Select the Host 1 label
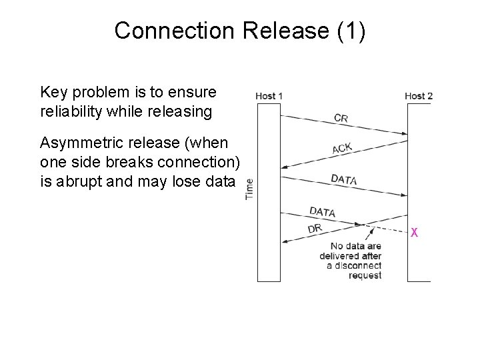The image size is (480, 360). pyautogui.click(x=269, y=96)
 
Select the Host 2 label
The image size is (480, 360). pyautogui.click(x=419, y=96)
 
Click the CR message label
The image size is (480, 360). pyautogui.click(x=341, y=118)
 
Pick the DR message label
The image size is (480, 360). pyautogui.click(x=315, y=228)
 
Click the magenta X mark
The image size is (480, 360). pyautogui.click(x=415, y=233)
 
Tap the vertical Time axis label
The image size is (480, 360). pyautogui.click(x=250, y=188)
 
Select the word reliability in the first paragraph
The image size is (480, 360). pyautogui.click(x=68, y=111)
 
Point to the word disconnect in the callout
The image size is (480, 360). pyautogui.click(x=357, y=265)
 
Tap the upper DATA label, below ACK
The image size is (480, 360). pyautogui.click(x=343, y=179)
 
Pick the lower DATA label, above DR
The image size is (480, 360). pyautogui.click(x=322, y=211)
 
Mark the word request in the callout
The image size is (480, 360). pyautogui.click(x=365, y=275)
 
